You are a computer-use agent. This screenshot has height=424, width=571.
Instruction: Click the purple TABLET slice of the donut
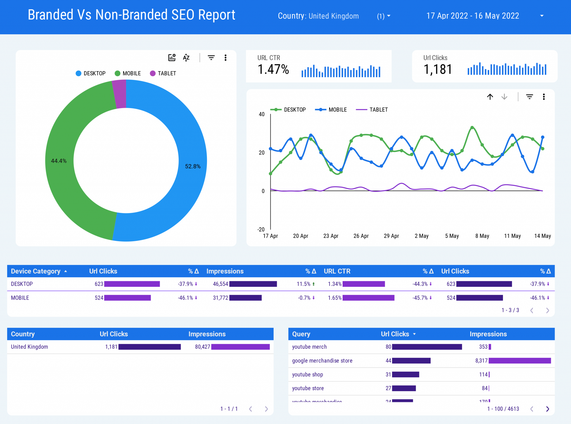click(x=120, y=94)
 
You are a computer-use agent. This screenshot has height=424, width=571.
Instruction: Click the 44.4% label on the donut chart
click(x=59, y=161)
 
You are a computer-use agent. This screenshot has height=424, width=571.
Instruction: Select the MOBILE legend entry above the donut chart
click(x=128, y=73)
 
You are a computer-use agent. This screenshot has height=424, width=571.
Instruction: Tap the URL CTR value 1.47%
click(x=273, y=69)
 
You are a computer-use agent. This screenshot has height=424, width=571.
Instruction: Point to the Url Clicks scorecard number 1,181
click(x=437, y=69)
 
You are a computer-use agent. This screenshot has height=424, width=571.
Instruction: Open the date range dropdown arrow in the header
click(x=542, y=16)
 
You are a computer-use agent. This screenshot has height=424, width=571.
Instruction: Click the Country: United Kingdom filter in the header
click(x=318, y=16)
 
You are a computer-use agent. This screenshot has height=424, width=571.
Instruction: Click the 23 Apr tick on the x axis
click(x=331, y=236)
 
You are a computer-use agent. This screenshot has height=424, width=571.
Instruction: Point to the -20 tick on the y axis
click(x=261, y=230)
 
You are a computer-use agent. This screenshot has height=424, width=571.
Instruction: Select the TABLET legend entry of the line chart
click(x=372, y=110)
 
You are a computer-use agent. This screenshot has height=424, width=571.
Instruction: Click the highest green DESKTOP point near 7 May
click(x=472, y=128)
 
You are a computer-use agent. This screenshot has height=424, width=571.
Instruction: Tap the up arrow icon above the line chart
click(x=490, y=97)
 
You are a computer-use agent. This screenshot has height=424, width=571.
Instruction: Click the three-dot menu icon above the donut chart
click(x=225, y=58)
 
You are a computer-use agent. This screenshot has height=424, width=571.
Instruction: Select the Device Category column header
click(x=36, y=271)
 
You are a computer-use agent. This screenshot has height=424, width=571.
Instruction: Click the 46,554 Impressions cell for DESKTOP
click(x=220, y=284)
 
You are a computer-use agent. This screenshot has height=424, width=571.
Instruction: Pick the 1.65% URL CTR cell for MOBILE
click(x=335, y=298)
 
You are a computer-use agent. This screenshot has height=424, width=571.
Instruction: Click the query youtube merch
click(x=309, y=347)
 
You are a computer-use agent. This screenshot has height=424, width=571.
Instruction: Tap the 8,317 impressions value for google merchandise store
click(x=481, y=361)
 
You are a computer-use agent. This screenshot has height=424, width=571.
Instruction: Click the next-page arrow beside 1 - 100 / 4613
click(x=548, y=409)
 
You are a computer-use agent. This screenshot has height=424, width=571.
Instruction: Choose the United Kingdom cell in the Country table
click(x=29, y=347)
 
